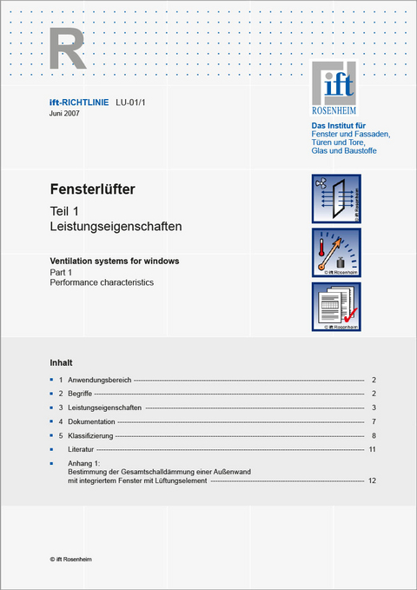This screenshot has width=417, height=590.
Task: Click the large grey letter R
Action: point(67,49)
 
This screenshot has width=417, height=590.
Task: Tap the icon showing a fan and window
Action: point(335,198)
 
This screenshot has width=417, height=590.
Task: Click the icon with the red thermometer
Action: point(335,252)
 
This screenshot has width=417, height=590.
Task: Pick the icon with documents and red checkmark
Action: point(335,306)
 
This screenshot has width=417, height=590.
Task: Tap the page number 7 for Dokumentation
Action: point(373,421)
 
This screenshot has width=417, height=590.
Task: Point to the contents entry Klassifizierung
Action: point(90,435)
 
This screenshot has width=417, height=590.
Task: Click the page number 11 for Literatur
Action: point(372,449)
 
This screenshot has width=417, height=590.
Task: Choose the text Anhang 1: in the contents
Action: point(84,463)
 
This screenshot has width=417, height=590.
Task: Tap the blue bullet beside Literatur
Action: point(52,449)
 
